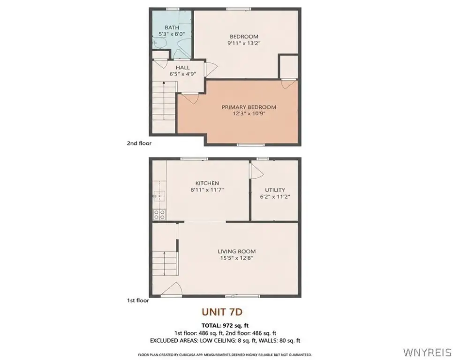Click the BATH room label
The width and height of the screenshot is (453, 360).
pyautogui.click(x=172, y=28)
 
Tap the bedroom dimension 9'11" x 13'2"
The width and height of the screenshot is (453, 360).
pyautogui.click(x=244, y=43)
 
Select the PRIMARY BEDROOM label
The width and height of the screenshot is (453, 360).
pyautogui.click(x=249, y=107)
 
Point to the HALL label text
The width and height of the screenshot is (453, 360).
pyautogui.click(x=182, y=67)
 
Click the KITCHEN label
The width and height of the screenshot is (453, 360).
pyautogui.click(x=207, y=183)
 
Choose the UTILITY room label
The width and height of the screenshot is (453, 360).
pyautogui.click(x=275, y=190)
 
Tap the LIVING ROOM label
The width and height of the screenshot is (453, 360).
pyautogui.click(x=237, y=251)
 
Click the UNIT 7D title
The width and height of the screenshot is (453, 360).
pyautogui.click(x=222, y=312)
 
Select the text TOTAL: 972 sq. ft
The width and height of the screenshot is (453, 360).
pyautogui.click(x=225, y=326)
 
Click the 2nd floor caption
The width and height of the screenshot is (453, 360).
pyautogui.click(x=139, y=143)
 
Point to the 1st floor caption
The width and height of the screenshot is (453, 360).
pyautogui.click(x=138, y=300)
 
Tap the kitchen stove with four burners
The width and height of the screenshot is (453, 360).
pyautogui.click(x=159, y=215)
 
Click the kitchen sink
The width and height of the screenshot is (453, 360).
pyautogui.click(x=159, y=196)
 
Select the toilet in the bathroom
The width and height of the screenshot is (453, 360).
pyautogui.click(x=159, y=43)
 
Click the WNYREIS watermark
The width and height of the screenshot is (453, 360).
pyautogui.click(x=427, y=352)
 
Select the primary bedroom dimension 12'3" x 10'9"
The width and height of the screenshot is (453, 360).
pyautogui.click(x=249, y=113)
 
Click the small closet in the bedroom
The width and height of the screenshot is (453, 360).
pyautogui.click(x=288, y=67)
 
